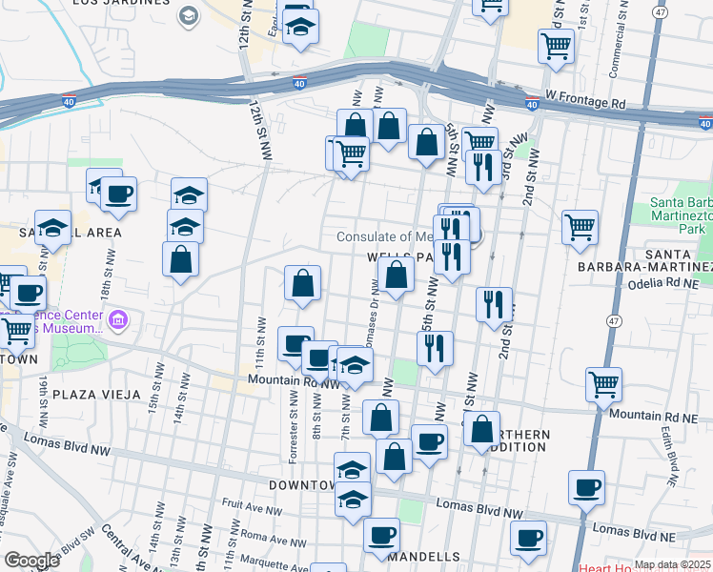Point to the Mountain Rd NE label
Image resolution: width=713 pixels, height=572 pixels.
[657, 415]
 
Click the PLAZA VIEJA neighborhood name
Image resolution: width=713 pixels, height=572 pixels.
[96, 394]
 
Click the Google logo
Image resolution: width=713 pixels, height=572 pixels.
[31, 561]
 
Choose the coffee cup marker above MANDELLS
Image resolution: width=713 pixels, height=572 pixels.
[382, 536]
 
